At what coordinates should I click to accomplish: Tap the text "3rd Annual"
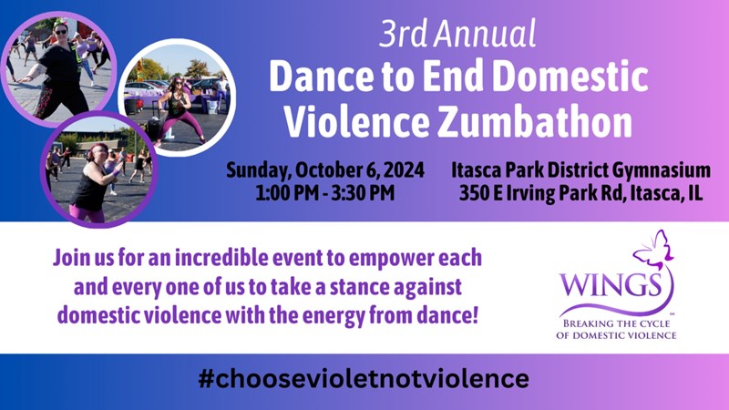click(x=457, y=34)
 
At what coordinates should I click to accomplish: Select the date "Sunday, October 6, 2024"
click(x=325, y=170)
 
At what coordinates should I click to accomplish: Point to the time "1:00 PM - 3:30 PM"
click(x=325, y=192)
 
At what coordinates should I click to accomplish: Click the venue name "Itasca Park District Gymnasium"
click(x=580, y=170)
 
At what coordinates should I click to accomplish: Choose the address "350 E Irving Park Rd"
click(x=542, y=193)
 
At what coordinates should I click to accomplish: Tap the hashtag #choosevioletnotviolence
click(x=363, y=378)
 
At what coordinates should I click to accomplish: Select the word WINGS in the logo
click(x=611, y=285)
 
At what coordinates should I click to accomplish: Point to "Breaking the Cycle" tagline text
click(x=617, y=323)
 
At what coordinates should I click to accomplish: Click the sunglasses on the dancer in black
click(x=61, y=32)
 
